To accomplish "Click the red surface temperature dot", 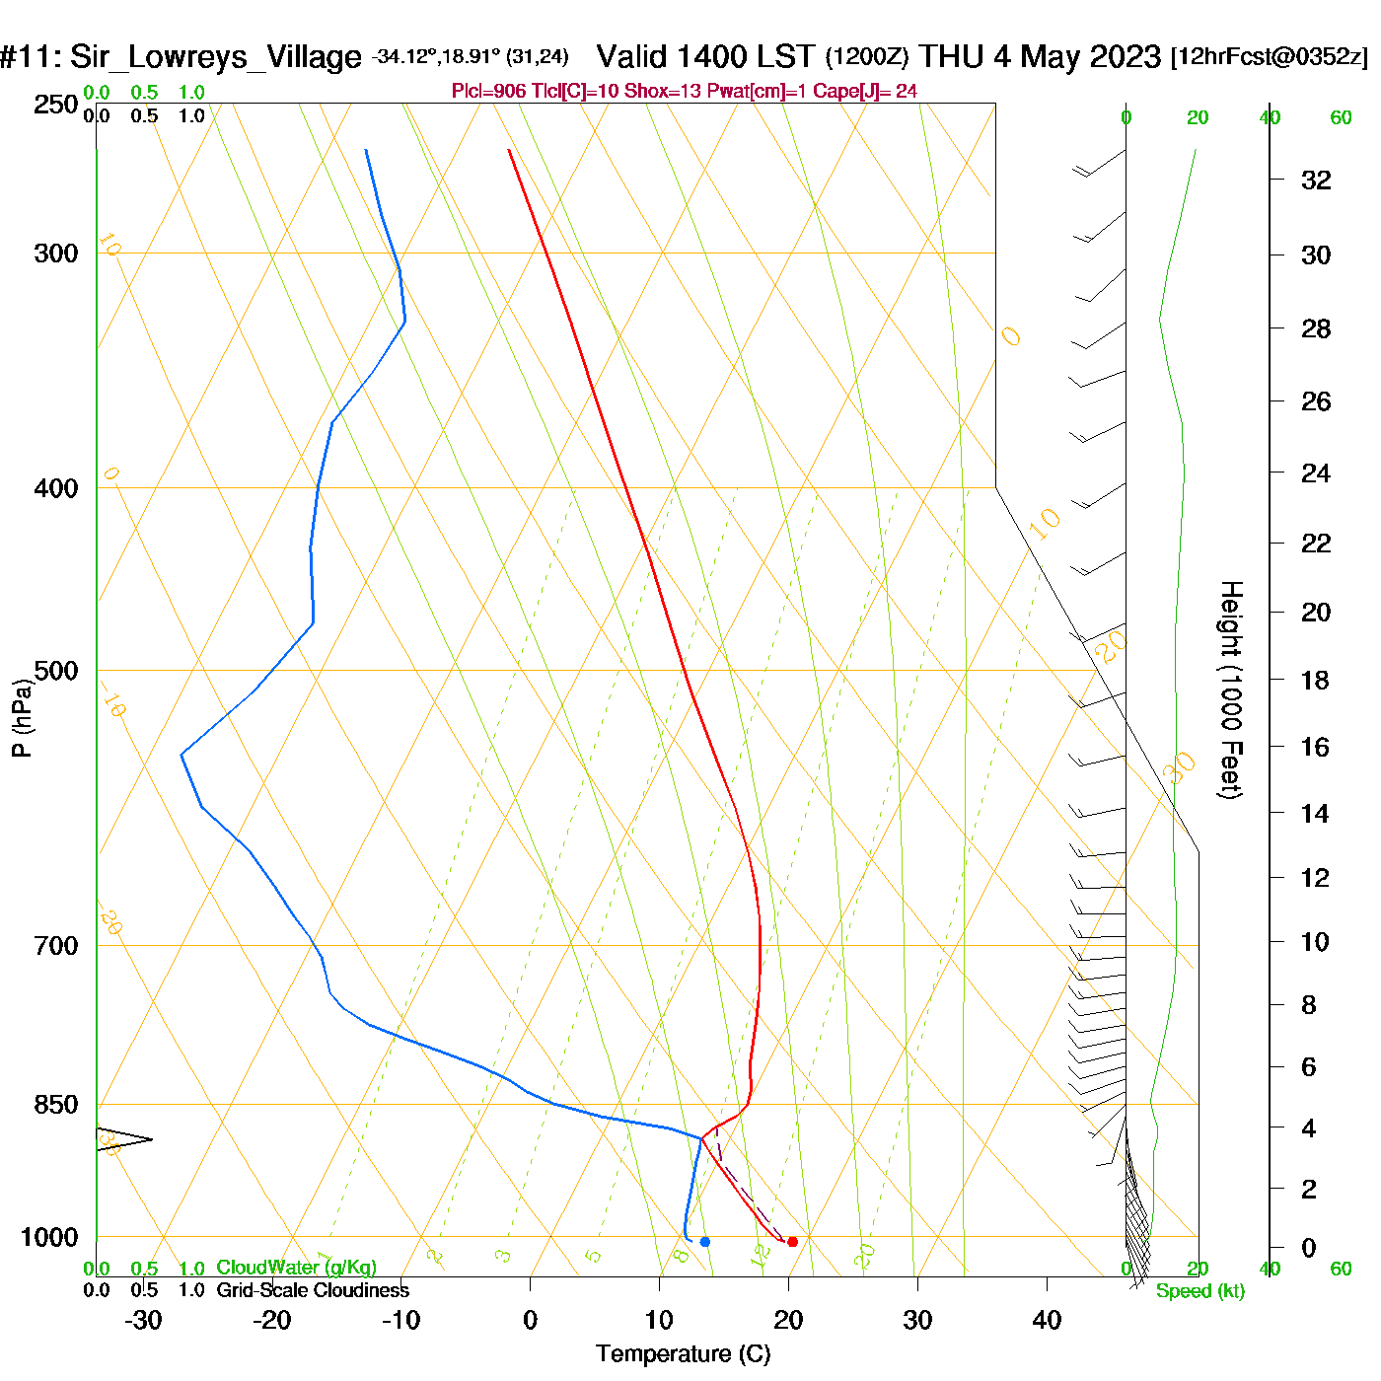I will pyautogui.click(x=792, y=1241).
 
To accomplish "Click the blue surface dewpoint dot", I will pyautogui.click(x=704, y=1241).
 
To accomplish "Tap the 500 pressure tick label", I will pyautogui.click(x=56, y=671).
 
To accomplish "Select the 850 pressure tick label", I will pyautogui.click(x=56, y=1105).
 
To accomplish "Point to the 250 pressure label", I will pyautogui.click(x=56, y=105).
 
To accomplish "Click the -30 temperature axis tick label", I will pyautogui.click(x=143, y=1320).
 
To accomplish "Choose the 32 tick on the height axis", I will pyautogui.click(x=1316, y=180).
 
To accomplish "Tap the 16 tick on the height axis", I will pyautogui.click(x=1315, y=747).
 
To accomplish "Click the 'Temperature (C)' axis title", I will pyautogui.click(x=683, y=1354).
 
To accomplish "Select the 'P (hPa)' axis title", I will pyautogui.click(x=22, y=717).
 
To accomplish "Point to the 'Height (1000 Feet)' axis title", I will pyautogui.click(x=1231, y=690).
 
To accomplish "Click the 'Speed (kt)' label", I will pyautogui.click(x=1200, y=1291).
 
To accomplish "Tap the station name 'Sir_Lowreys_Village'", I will pyautogui.click(x=215, y=57).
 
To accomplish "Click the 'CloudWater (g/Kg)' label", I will pyautogui.click(x=296, y=1268).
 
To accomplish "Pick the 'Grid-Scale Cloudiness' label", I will pyautogui.click(x=313, y=1290).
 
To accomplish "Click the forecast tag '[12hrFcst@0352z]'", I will pyautogui.click(x=1270, y=57).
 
